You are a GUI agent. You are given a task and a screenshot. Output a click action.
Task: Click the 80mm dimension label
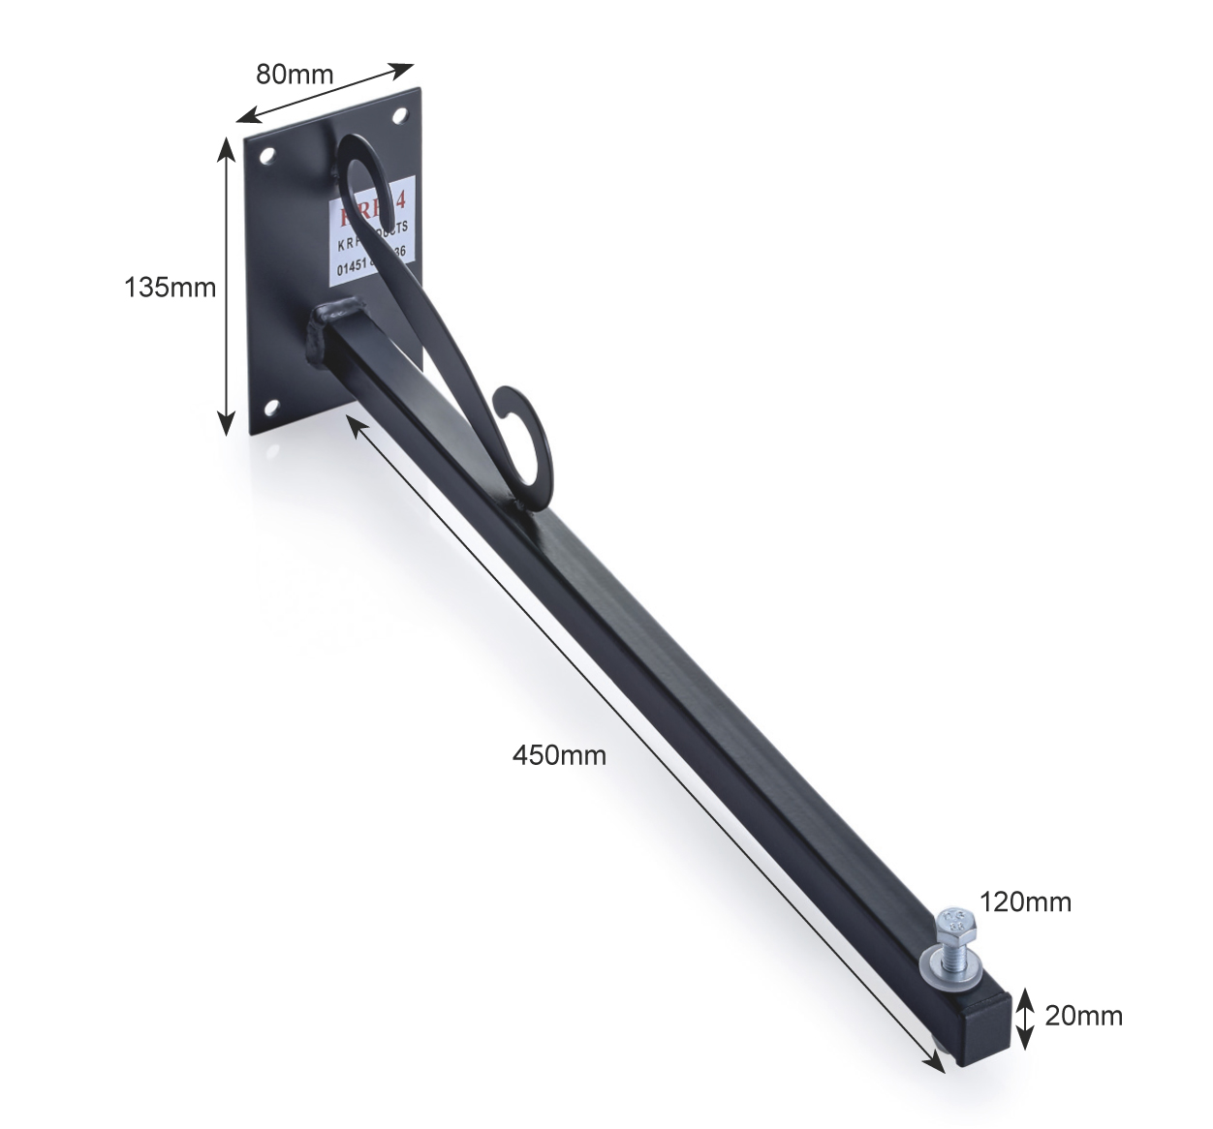(x=294, y=74)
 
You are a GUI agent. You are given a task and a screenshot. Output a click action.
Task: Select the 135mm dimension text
(x=170, y=288)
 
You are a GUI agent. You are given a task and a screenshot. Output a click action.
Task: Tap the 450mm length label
(x=559, y=754)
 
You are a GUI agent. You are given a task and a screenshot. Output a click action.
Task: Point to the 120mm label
(x=1024, y=902)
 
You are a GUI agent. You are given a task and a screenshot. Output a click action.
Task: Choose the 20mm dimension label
(x=1083, y=1016)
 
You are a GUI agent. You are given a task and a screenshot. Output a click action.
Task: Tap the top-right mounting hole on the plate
(x=398, y=115)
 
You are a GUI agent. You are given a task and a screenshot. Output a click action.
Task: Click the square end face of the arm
(x=986, y=1023)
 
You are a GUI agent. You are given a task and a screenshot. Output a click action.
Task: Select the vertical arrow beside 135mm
(x=226, y=285)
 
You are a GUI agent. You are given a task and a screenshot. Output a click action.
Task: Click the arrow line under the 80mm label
(x=326, y=94)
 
